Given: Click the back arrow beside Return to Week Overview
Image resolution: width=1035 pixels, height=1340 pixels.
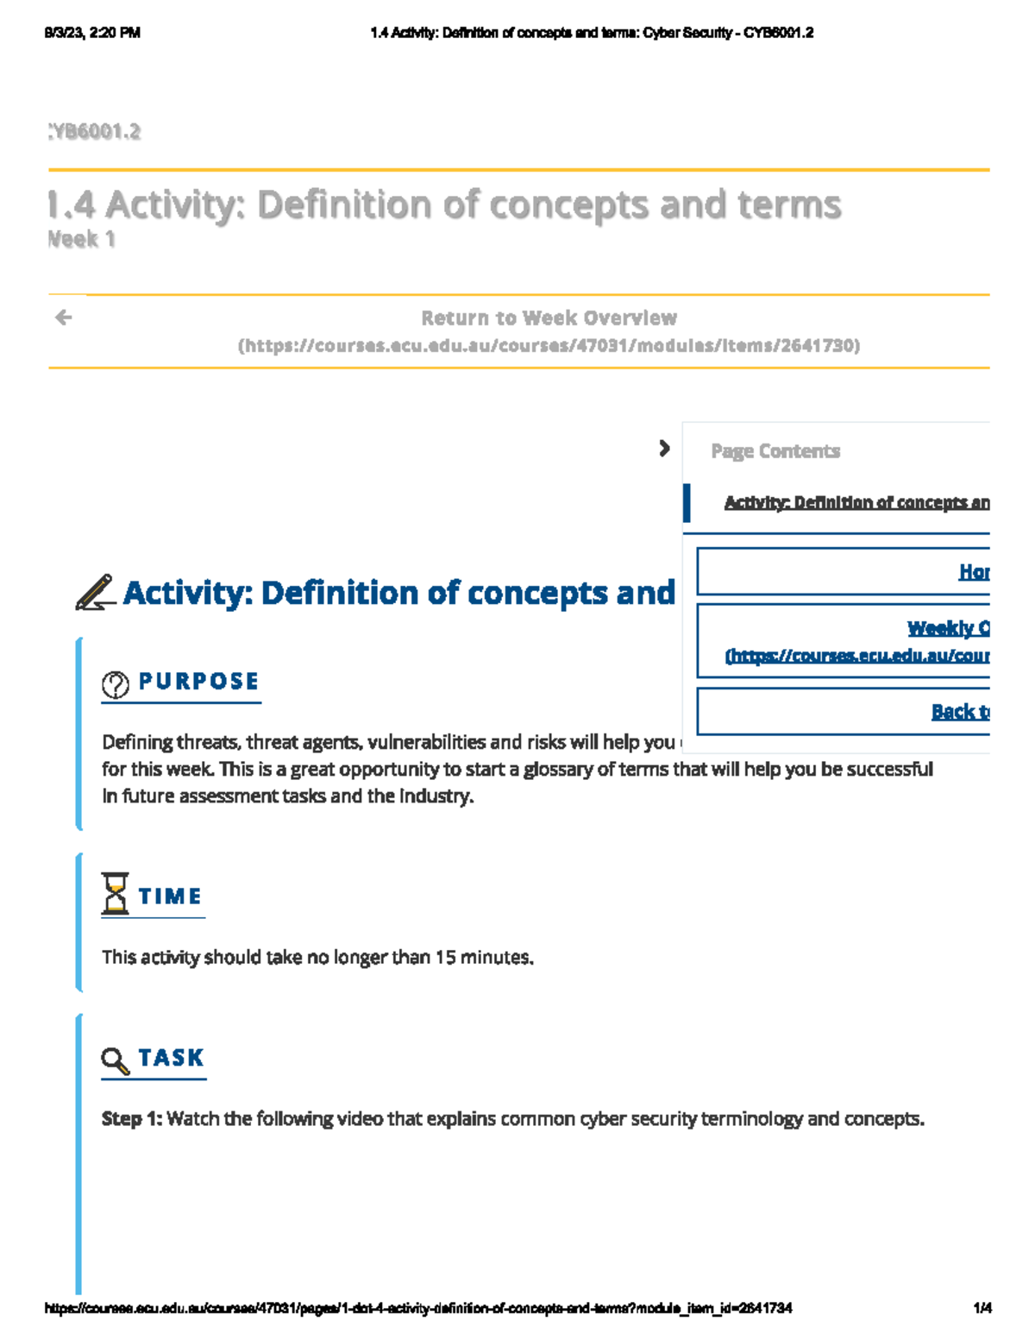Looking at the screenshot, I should click(63, 318).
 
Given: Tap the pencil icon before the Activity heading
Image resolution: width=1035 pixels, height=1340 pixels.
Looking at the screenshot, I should click(95, 593).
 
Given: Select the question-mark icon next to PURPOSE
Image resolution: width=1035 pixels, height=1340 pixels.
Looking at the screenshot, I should click(116, 684).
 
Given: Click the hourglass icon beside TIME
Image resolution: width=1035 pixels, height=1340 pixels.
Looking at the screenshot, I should click(115, 894).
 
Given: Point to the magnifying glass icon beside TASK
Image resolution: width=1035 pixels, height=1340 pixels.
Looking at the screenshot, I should click(115, 1060).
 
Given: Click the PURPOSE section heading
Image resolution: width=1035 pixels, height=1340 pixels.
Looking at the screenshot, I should click(198, 682).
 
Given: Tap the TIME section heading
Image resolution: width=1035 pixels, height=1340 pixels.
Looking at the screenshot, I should click(170, 896).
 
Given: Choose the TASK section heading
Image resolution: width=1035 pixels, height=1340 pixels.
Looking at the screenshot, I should click(171, 1058).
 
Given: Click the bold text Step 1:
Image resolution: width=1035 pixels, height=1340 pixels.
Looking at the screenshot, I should click(132, 1119).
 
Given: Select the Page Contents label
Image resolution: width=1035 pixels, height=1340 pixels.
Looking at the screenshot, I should click(775, 451).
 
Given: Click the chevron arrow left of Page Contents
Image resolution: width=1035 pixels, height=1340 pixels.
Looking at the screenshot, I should click(663, 449).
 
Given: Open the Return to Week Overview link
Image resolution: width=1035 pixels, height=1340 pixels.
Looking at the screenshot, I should click(549, 318).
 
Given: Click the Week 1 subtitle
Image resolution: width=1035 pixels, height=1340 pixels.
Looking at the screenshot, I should click(81, 239).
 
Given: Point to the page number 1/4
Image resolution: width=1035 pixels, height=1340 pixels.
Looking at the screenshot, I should click(982, 1308).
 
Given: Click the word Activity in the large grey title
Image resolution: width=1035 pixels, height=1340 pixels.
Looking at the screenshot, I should click(176, 205).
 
